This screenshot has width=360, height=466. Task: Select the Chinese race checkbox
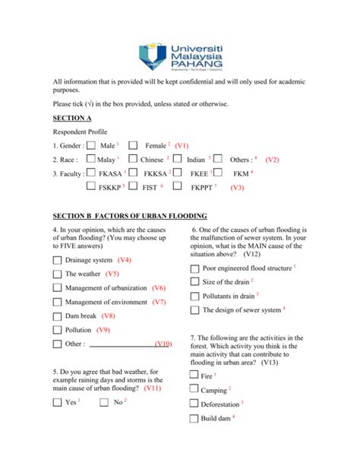132,160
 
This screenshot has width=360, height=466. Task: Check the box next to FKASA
91,174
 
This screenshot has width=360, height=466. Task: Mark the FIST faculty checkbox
134,186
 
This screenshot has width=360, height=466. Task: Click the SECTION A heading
72,118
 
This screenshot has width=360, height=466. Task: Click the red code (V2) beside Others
273,160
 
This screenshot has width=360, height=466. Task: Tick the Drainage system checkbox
57,261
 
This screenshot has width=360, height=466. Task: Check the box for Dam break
57,315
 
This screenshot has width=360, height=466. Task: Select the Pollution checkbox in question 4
57,330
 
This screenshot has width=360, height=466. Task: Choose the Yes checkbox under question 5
57,402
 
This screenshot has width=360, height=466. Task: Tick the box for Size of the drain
194,282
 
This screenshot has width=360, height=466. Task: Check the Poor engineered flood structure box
194,268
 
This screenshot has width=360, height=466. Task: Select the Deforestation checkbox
194,404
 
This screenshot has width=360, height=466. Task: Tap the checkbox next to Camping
194,390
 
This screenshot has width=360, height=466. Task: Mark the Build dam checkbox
194,419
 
